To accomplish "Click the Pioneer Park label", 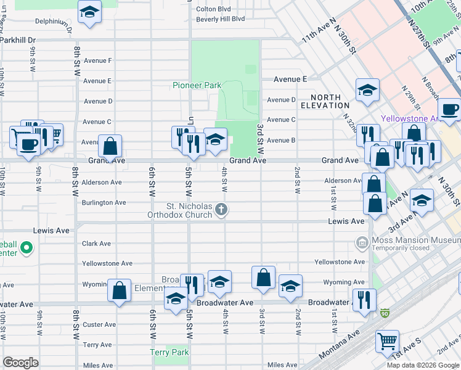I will point(196,85).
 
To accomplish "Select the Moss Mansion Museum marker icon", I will point(361,240).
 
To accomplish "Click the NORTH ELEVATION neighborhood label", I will point(330,102).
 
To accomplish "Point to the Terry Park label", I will point(169,353).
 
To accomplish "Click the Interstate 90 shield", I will point(385,314).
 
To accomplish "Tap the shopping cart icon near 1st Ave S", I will point(387,340).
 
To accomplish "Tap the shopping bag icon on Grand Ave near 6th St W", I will point(110,147).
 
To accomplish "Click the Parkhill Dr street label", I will point(18,40).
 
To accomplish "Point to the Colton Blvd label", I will point(213,9).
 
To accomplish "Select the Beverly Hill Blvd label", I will point(220,19).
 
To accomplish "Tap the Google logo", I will point(21,363).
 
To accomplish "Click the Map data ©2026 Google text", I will point(422,365).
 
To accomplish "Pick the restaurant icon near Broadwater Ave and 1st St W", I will point(364,300).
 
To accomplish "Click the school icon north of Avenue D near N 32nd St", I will point(367,91).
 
